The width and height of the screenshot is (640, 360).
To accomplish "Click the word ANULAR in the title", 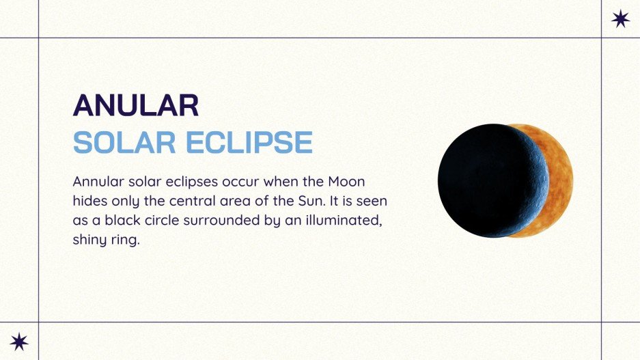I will (x=136, y=105).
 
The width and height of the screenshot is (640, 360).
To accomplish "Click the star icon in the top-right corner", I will (x=620, y=19).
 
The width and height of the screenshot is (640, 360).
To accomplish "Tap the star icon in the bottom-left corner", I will (x=19, y=341).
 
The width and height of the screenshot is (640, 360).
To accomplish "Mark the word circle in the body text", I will (x=165, y=221).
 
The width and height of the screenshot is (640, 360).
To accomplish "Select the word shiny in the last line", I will (x=89, y=240).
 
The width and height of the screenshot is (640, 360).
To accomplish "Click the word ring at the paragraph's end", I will (x=126, y=240).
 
